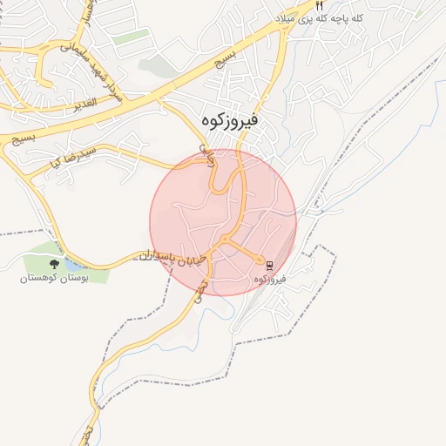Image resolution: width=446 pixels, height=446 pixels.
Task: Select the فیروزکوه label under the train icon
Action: click(271, 279)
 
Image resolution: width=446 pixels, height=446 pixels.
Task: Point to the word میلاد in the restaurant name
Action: click(288, 18)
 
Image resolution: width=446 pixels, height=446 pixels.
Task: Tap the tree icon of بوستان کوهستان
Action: click(55, 263)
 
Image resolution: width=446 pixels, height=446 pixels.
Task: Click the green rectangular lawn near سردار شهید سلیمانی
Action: click(131, 37)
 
